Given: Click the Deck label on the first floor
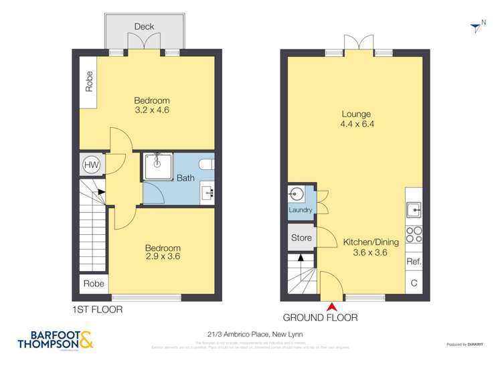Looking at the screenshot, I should [x=144, y=27].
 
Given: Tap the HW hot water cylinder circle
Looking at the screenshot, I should [x=90, y=165].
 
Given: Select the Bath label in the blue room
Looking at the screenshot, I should [x=185, y=178].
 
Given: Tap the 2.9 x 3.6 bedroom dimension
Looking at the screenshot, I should [x=163, y=256].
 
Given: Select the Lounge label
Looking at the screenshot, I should [x=355, y=114].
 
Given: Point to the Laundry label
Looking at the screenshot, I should [x=301, y=210].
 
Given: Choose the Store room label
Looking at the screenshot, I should [x=301, y=238].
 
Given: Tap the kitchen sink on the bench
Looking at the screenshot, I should [x=414, y=209].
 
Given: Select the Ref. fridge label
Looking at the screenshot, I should [x=414, y=262].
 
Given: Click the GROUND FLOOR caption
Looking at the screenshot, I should [x=320, y=318].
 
